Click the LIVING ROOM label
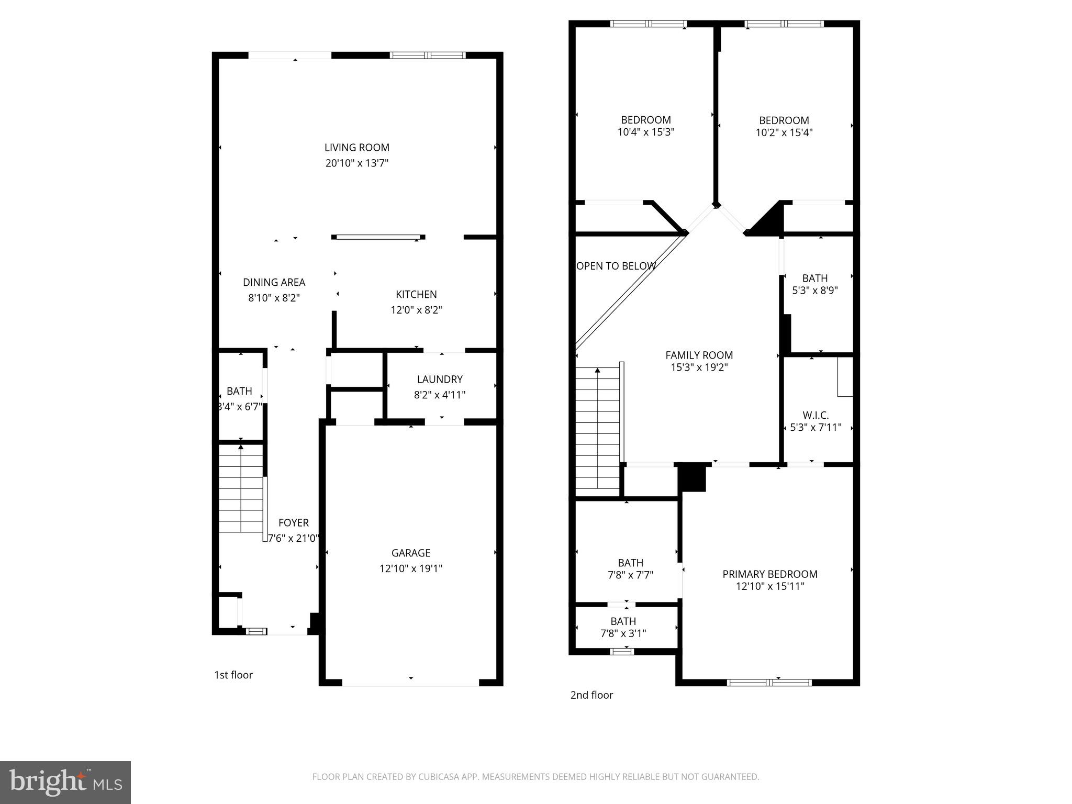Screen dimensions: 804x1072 356,148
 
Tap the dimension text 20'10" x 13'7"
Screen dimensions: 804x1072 356,163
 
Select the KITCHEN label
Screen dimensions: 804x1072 416,294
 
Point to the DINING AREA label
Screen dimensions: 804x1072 274,282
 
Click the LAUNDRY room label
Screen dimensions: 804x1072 440,379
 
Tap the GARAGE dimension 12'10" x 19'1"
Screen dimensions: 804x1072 411,568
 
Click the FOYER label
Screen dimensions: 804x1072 293,522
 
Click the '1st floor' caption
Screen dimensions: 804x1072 233,675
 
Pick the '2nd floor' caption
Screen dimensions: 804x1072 591,695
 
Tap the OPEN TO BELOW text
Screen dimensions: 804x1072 616,266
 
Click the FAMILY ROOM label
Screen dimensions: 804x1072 699,355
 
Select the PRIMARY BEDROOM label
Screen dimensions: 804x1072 769,574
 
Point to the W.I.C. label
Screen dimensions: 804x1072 815,415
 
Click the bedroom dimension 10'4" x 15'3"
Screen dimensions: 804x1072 645,132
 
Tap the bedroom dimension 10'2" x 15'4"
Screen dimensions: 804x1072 784,132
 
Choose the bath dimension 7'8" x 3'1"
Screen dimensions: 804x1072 623,633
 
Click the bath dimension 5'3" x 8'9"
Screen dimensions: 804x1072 814,290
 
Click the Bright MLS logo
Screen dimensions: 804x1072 65,782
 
